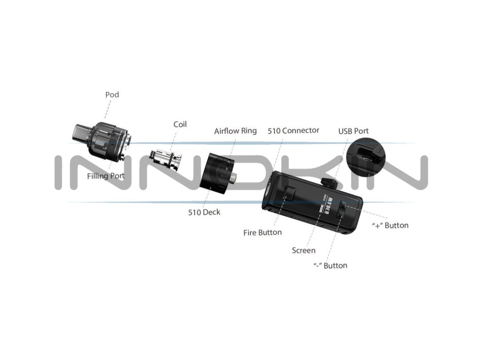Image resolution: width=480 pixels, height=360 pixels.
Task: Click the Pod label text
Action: tap(112, 95)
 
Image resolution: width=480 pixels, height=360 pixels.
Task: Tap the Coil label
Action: tap(180, 124)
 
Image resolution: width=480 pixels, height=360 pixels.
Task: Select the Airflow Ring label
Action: tap(235, 131)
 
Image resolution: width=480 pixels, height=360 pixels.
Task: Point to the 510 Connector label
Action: tap(293, 131)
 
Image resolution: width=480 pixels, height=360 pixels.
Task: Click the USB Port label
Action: tap(353, 131)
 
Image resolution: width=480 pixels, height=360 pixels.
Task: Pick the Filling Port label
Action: tap(106, 176)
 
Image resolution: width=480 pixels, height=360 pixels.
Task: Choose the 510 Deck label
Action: tap(204, 212)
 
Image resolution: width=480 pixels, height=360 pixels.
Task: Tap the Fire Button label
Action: tap(262, 232)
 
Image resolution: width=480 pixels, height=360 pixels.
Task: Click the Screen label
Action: tap(304, 250)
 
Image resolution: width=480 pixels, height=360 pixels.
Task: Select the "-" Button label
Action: tap(330, 266)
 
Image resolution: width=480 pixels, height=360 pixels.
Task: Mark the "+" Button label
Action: tap(390, 225)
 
